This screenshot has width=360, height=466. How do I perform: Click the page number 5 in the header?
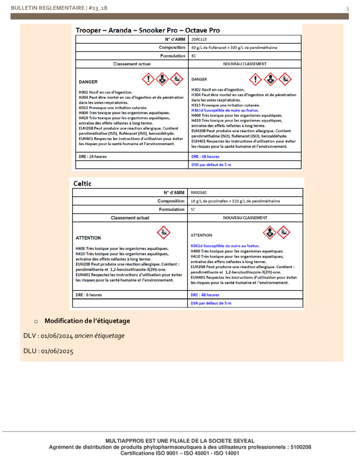point(348,8)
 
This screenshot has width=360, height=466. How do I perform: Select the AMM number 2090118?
point(199,39)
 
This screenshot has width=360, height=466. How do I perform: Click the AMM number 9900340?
point(199,192)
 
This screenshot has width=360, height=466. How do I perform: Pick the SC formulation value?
point(193,209)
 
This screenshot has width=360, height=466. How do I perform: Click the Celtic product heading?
point(82,183)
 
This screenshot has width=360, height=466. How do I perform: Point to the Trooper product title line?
point(148,30)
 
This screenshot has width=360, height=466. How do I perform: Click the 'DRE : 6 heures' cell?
point(89,295)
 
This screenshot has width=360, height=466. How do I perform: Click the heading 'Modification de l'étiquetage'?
point(87,321)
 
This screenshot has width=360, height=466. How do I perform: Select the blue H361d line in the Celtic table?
point(225,246)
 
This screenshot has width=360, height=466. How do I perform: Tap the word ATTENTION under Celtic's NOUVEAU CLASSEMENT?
point(201,235)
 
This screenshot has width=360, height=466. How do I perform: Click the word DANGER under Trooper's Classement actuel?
point(88,82)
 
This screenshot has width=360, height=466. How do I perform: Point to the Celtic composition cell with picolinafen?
point(235,201)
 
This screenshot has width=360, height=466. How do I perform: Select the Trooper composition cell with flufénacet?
point(234,47)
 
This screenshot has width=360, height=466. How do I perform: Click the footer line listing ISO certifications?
point(180,453)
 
